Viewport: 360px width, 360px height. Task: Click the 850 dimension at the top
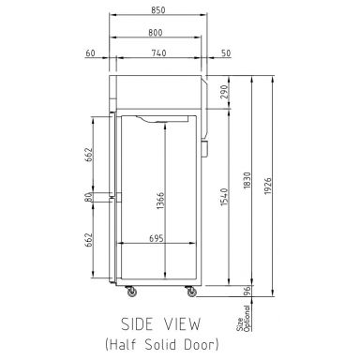click(x=157, y=11)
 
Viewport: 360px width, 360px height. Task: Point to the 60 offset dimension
click(x=90, y=52)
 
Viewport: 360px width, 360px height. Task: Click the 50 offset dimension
click(x=225, y=52)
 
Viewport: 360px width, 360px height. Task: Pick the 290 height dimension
click(x=226, y=92)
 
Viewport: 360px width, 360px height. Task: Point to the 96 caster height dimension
click(x=247, y=293)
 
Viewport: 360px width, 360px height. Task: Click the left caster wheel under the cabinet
click(x=130, y=292)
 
